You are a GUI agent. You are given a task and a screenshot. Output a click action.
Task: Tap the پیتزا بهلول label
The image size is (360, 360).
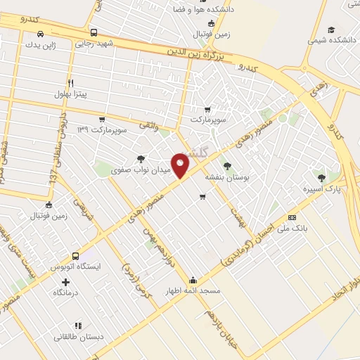pos(70,94)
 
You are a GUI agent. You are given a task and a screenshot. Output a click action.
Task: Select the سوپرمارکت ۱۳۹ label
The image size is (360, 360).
pos(103,131)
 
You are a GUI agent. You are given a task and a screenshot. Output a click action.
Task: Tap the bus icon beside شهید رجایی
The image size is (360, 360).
pos(94,32)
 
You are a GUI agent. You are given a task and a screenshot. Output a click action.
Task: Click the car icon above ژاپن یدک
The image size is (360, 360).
pos(41,34)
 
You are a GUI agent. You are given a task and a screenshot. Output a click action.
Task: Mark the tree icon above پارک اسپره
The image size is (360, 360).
pos(322,178)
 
